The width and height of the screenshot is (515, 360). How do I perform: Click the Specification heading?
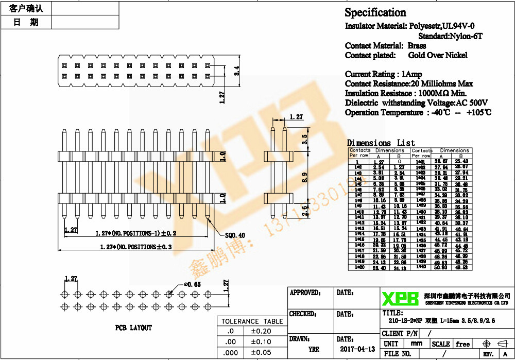point(375,13)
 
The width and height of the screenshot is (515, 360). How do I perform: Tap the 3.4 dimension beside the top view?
point(237,71)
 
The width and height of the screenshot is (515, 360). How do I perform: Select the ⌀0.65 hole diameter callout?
point(193,284)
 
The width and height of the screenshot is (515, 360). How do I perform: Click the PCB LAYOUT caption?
point(133,328)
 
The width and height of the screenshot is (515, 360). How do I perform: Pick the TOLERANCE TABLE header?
point(252,321)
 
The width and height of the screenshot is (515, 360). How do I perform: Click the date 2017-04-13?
point(357,349)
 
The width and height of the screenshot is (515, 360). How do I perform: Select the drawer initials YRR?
point(314,349)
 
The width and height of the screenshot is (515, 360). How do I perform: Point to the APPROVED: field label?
point(305,293)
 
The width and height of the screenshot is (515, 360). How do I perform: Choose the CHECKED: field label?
point(304,314)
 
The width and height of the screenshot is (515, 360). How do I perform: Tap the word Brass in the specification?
point(417,46)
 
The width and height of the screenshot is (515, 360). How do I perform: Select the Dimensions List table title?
point(381,143)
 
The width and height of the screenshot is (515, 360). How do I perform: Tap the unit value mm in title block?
point(417,344)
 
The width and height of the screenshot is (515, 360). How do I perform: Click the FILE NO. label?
point(398,354)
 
